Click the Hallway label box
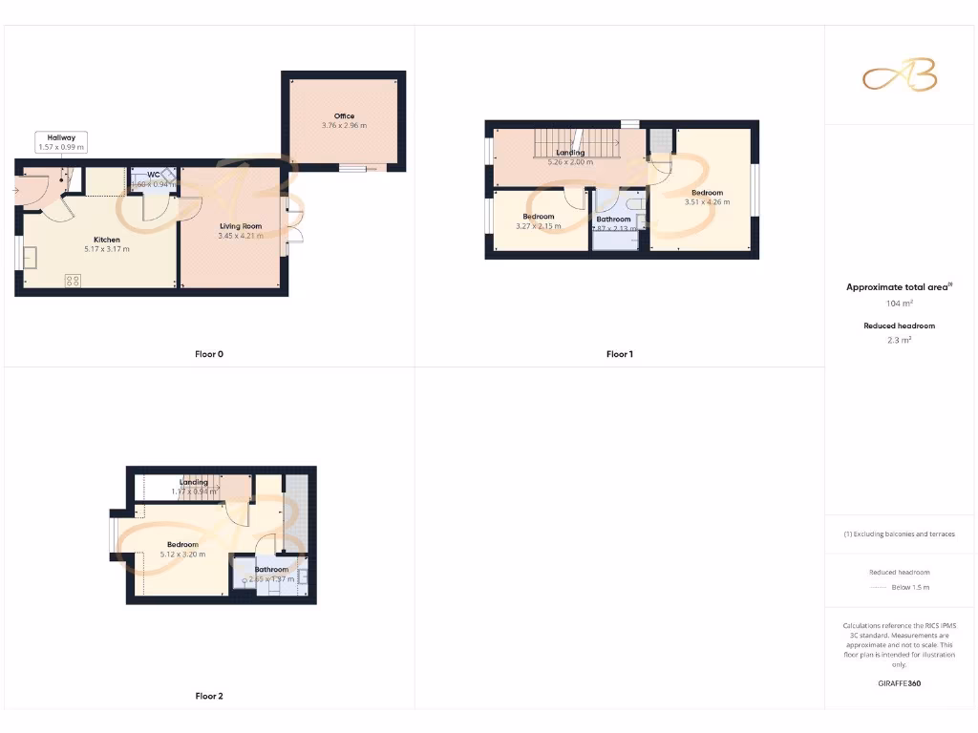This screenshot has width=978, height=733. pyautogui.click(x=61, y=142)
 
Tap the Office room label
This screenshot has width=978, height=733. pyautogui.click(x=344, y=116)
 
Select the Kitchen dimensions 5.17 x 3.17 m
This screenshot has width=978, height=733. pyautogui.click(x=107, y=249)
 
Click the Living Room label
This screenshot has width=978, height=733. pyautogui.click(x=241, y=226)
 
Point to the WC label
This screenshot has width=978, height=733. pyautogui.click(x=153, y=175)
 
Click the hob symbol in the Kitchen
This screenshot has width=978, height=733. pyautogui.click(x=73, y=280)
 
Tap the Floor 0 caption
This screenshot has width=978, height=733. pyautogui.click(x=209, y=354)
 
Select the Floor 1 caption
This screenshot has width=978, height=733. pyautogui.click(x=619, y=354)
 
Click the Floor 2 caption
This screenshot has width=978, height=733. pyautogui.click(x=209, y=696)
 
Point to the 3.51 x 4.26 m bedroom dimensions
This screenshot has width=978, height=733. pyautogui.click(x=707, y=201)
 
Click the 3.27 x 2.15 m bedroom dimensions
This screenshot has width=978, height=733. pyautogui.click(x=538, y=226)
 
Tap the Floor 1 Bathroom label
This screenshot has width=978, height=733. pyautogui.click(x=613, y=220)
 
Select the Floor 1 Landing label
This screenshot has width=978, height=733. pyautogui.click(x=570, y=153)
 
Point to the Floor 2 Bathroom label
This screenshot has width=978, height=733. pyautogui.click(x=271, y=570)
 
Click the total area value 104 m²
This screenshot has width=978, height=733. pyautogui.click(x=901, y=303)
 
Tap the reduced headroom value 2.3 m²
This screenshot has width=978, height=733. pyautogui.click(x=901, y=339)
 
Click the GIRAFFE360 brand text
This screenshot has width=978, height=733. pyautogui.click(x=901, y=683)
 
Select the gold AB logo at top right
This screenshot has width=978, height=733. pyautogui.click(x=900, y=76)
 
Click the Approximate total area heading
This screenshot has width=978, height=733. pyautogui.click(x=901, y=286)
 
